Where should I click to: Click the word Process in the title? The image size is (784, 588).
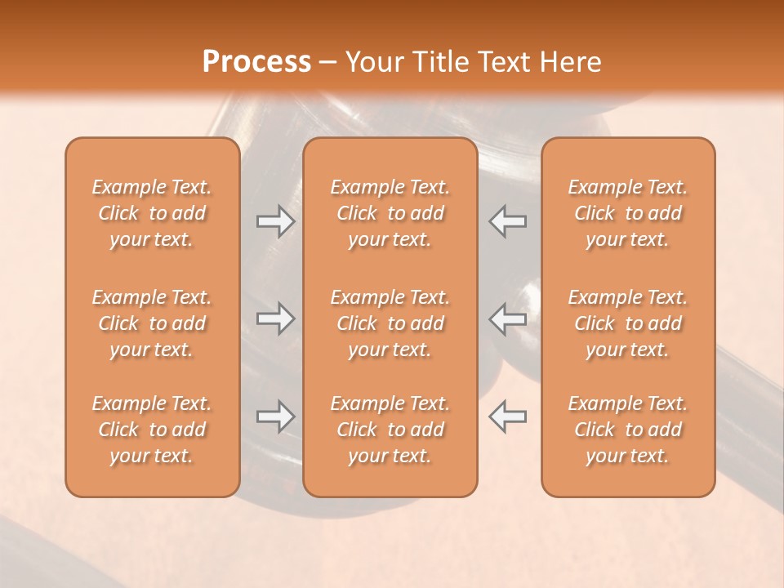pos(256,62)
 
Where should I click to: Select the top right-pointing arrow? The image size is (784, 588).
pos(275,221)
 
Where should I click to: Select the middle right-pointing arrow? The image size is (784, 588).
pos(275,318)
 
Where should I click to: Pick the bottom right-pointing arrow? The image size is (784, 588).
pos(275,416)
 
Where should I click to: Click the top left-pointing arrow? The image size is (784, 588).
pos(507,221)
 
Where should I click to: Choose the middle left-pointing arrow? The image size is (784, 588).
pos(507,318)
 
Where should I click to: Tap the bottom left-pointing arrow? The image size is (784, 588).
pos(507,416)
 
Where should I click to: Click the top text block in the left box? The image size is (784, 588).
pos(152,213)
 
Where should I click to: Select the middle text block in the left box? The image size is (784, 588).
pos(152,323)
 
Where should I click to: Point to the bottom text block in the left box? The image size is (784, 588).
pos(152,430)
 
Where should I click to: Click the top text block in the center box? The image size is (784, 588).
pos(390,213)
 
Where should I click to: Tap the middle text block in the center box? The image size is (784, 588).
pos(390,323)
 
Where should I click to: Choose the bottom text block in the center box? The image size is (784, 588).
pos(390,430)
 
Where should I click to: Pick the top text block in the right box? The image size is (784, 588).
pos(627,213)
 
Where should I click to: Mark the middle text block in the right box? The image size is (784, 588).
pos(627,323)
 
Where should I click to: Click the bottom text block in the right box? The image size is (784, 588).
pos(627,430)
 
